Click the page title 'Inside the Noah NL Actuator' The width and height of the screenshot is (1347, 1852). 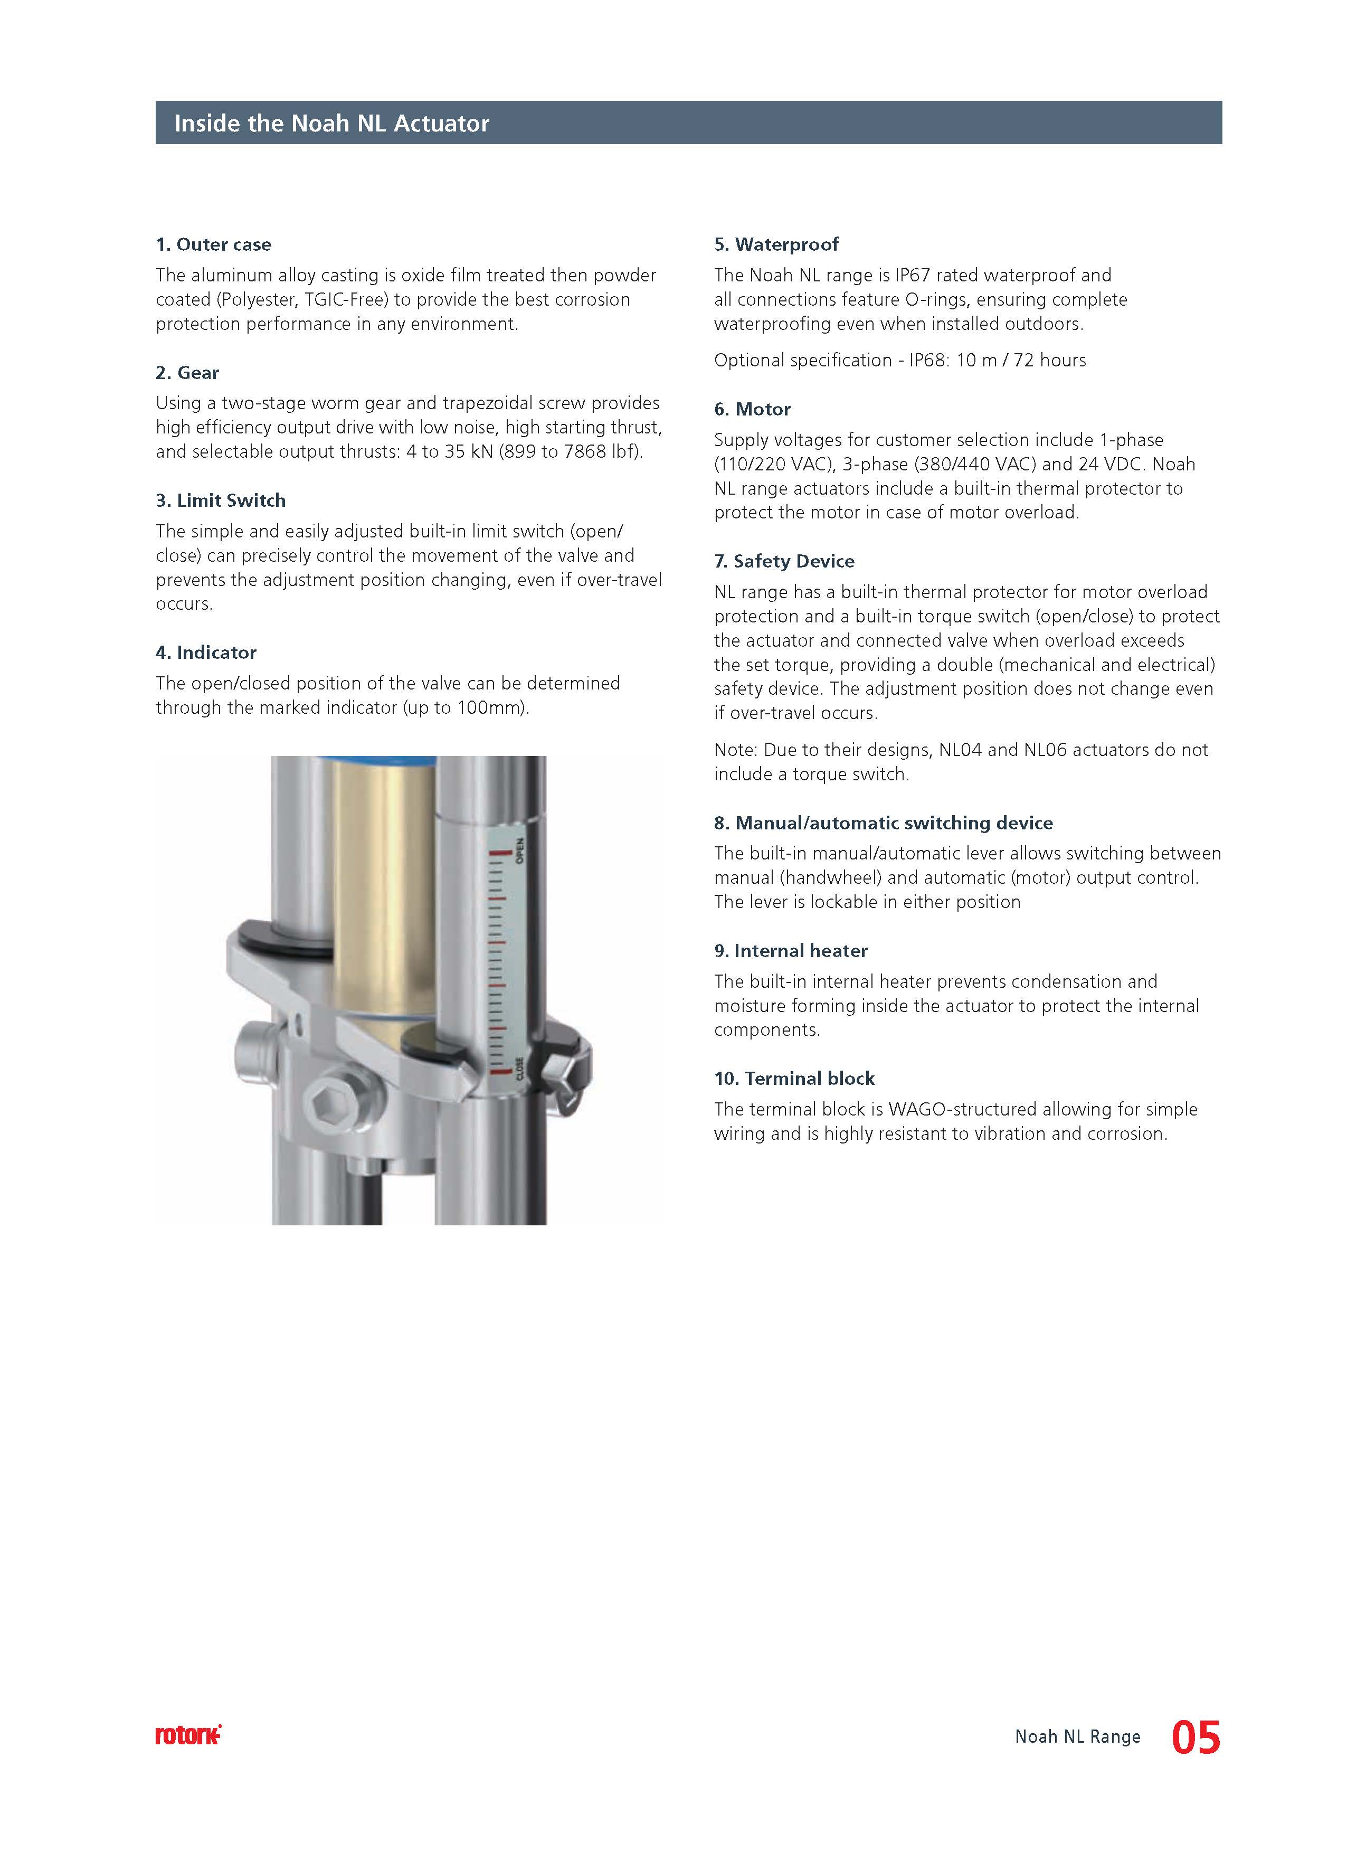pos(331,124)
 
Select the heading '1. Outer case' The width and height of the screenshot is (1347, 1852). pos(213,244)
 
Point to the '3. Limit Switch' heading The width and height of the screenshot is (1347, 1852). pos(221,500)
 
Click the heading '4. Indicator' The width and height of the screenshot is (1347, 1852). pos(206,653)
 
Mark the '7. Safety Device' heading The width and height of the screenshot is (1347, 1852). pos(784,561)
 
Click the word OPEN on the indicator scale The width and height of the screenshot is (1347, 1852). pos(519,850)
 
